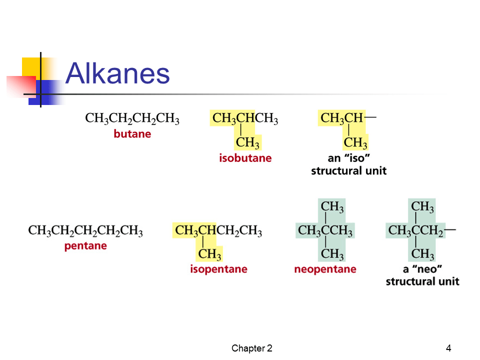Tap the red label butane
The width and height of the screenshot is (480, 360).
click(132, 134)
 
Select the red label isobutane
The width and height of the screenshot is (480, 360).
click(245, 158)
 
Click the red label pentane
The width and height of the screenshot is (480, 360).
click(85, 246)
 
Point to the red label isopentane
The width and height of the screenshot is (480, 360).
click(218, 269)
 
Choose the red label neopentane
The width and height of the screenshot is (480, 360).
click(325, 269)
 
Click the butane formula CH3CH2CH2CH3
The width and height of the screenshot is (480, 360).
click(132, 118)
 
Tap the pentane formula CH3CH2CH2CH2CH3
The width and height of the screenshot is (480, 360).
click(85, 230)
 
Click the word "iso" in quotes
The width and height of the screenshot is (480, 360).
click(357, 158)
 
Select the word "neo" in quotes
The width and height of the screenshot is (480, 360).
click(427, 269)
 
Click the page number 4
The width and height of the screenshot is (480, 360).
click(448, 348)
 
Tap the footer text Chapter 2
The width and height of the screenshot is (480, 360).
click(251, 348)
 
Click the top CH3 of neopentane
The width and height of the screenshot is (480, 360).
click(332, 206)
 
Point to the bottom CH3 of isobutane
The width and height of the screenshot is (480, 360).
click(247, 142)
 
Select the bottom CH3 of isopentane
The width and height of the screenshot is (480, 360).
click(209, 254)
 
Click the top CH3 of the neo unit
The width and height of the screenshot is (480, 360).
click(422, 206)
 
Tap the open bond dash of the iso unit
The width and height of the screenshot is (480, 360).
click(370, 117)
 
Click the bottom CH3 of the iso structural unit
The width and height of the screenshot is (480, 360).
click(355, 142)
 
